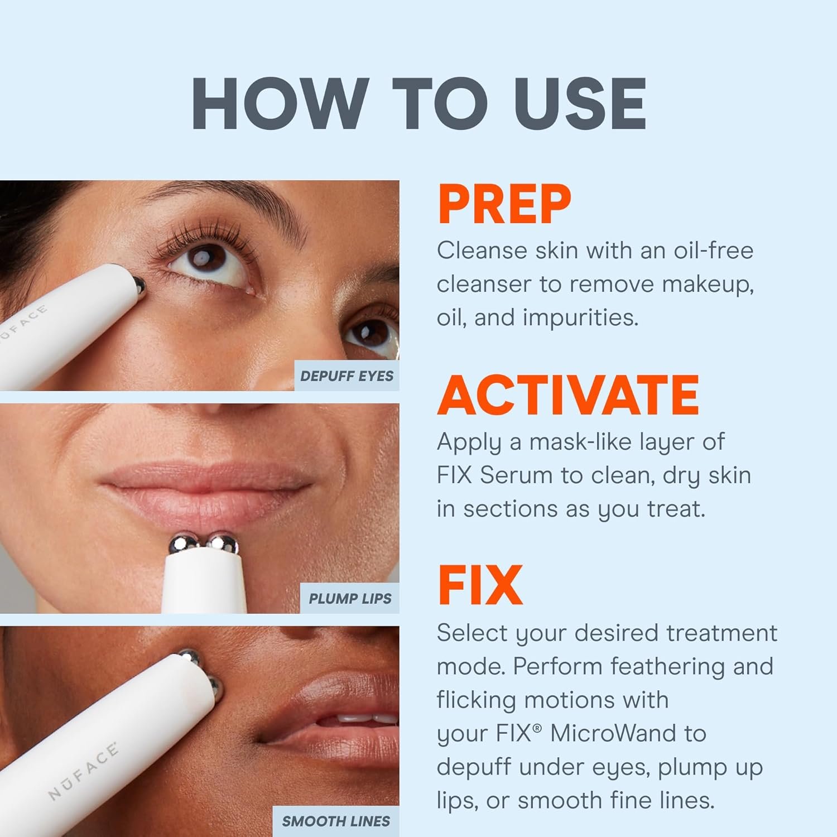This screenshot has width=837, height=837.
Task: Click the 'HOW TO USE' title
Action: (x=419, y=104)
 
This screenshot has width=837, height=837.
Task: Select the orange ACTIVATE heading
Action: (x=568, y=395)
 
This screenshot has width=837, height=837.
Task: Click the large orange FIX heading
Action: (x=480, y=586)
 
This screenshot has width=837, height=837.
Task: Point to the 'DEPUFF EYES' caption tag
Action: (x=347, y=376)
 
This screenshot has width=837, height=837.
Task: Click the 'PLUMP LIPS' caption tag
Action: (x=350, y=599)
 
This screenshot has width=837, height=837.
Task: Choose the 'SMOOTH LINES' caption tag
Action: (x=336, y=821)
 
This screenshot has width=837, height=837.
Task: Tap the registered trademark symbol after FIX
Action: (x=537, y=727)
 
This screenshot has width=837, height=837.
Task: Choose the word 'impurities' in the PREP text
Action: (x=580, y=318)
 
